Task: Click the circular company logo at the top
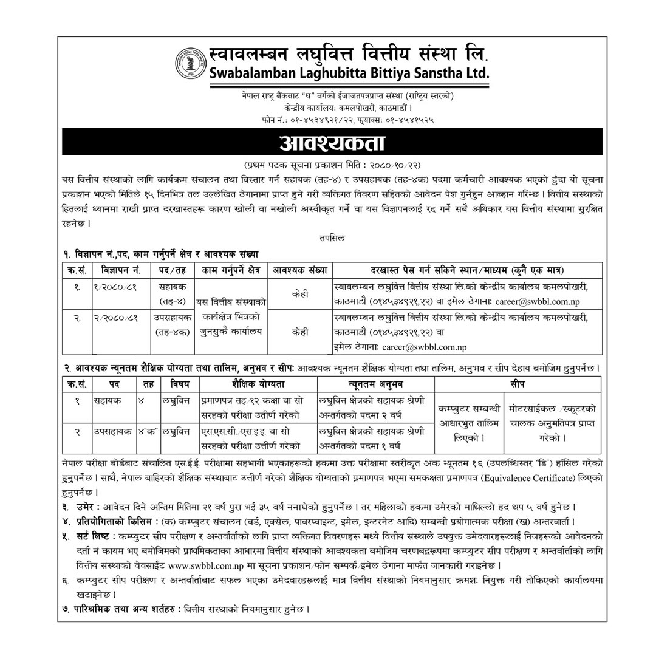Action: pyautogui.click(x=190, y=63)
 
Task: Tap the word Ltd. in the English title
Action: pyautogui.click(x=475, y=73)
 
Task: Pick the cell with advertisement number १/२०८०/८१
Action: pyautogui.click(x=118, y=286)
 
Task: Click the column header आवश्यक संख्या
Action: pyautogui.click(x=299, y=270)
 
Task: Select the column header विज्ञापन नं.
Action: pyautogui.click(x=121, y=270)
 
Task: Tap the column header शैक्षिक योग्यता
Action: pyautogui.click(x=258, y=384)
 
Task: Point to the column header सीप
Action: pyautogui.click(x=518, y=384)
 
